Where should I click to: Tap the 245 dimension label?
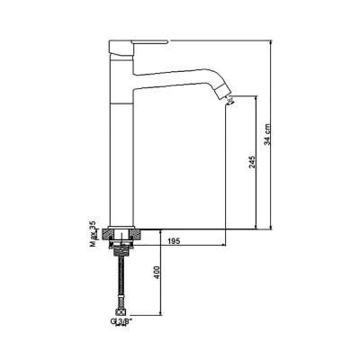point(253,161)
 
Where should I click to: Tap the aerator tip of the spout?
point(226,98)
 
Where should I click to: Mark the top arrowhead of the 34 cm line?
point(271,42)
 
